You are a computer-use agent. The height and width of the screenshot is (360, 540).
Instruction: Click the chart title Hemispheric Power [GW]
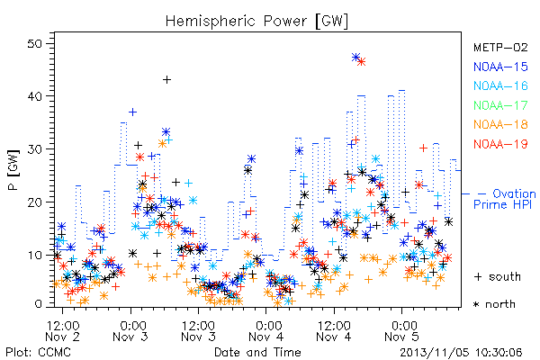256,22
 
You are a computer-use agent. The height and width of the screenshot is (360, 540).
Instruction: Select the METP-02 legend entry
500,47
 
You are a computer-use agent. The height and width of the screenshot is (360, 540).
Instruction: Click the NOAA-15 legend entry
500,67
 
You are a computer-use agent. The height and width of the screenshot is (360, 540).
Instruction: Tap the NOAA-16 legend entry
500,85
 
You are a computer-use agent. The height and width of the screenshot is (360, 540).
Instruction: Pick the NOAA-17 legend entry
500,105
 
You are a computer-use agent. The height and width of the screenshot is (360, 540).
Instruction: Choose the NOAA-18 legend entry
500,124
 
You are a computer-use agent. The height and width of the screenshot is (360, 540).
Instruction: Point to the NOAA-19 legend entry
500,144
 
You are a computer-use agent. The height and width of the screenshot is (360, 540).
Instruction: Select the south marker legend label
498,276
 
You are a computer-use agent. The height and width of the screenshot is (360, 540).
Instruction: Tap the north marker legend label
494,304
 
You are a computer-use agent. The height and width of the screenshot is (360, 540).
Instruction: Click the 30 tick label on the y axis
35,149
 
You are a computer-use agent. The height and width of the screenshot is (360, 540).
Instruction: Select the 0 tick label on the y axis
39,304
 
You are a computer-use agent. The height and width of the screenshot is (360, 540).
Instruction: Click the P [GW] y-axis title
14,169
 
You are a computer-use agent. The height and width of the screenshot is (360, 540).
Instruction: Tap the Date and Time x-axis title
257,352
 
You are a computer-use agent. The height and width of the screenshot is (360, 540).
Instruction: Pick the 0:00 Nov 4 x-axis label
265,331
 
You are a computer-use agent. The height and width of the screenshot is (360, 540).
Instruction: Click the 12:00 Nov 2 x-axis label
62,331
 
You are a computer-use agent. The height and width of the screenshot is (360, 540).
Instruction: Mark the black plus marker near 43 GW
166,80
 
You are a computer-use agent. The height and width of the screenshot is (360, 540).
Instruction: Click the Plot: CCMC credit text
38,352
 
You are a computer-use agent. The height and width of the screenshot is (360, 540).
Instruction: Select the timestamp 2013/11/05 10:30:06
461,353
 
